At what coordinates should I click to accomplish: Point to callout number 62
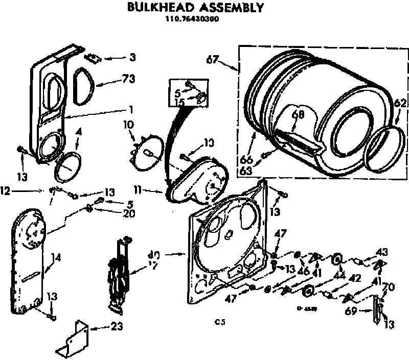click(400, 104)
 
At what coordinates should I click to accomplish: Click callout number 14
click(55, 258)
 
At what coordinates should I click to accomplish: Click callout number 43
click(381, 252)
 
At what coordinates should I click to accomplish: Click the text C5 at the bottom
click(220, 322)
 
